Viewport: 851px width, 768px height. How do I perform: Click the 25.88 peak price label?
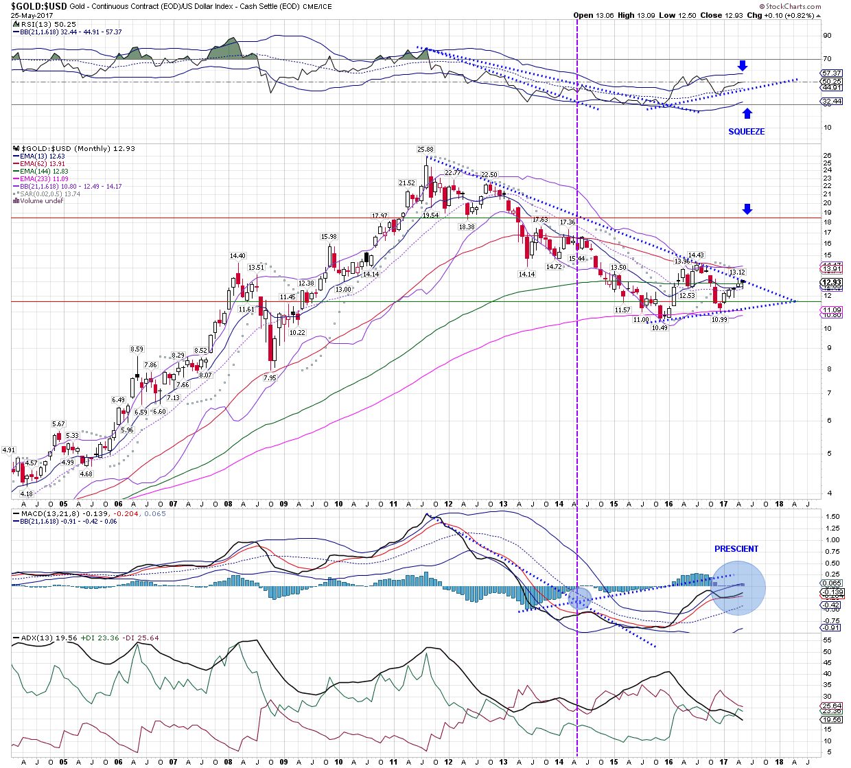click(x=425, y=149)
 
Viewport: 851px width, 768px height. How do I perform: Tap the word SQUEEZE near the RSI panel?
click(x=746, y=131)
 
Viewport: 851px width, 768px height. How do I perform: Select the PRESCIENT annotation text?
click(x=736, y=549)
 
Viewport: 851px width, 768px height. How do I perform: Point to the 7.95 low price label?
click(x=270, y=378)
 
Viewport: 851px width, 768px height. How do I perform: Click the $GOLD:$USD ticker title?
click(x=38, y=5)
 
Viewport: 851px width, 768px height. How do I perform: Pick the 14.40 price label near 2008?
click(x=238, y=256)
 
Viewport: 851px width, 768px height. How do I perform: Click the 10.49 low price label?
click(x=660, y=328)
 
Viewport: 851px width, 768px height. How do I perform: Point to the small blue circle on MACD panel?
click(x=580, y=598)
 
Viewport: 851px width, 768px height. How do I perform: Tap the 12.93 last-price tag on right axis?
click(x=832, y=282)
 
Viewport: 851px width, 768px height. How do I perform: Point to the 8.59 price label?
click(x=137, y=349)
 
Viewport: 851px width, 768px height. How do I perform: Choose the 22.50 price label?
click(x=489, y=175)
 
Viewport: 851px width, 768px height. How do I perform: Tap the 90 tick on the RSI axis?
click(x=827, y=35)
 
